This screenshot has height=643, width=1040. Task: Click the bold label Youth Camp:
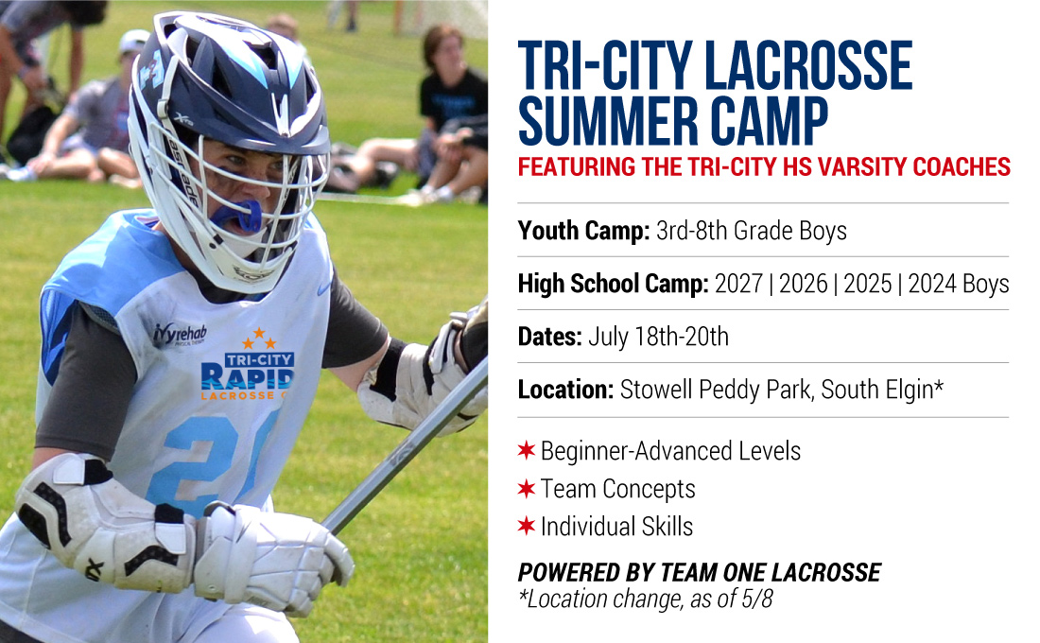point(583,231)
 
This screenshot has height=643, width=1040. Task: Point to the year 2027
point(739,284)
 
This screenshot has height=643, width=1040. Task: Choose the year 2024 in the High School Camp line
point(932,284)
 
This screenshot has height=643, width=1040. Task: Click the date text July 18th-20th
point(658,337)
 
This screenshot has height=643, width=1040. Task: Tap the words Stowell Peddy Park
point(715,391)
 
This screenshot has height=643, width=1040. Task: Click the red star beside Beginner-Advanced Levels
point(526,450)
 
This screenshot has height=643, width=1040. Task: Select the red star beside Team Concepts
point(526,488)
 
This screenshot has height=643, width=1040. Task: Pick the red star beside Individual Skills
point(526,526)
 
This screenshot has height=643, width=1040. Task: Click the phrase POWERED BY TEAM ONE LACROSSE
point(700,572)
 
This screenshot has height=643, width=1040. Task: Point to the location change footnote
point(646,600)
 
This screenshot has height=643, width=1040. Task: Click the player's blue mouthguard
point(236,215)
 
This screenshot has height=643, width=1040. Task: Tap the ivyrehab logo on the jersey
point(180,334)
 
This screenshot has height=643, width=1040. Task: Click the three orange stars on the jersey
point(259,339)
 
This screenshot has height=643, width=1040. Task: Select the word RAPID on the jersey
point(247,377)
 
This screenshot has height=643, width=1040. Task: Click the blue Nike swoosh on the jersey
point(323,289)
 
